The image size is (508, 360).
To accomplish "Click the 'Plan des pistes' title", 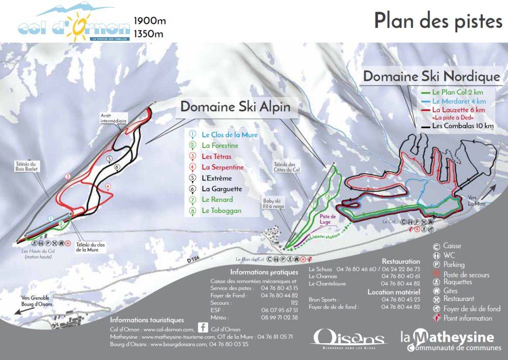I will coord(437,21).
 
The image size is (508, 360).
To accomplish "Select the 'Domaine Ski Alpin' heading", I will coord(236,107).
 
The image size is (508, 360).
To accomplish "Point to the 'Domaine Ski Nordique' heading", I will coord(431,77).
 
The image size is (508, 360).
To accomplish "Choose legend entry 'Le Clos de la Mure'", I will coord(229,135).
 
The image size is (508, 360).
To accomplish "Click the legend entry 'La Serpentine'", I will coord(223,167).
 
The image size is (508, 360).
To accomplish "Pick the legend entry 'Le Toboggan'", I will coord(221,211).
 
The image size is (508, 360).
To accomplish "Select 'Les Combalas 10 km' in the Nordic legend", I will coord(462,126).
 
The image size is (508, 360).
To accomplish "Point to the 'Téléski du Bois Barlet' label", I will coord(27,166).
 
